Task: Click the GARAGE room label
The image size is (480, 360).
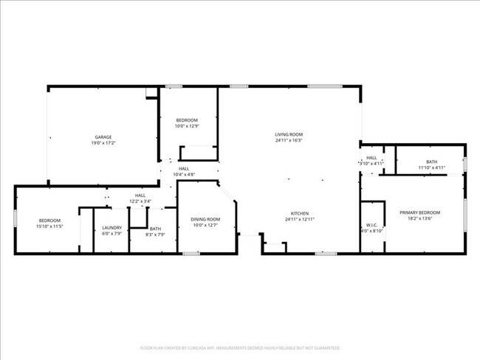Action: click(103, 137)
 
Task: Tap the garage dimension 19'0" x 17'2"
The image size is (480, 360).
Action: click(103, 142)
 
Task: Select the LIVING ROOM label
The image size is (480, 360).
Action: click(289, 134)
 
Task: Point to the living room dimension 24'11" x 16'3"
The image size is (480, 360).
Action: click(289, 140)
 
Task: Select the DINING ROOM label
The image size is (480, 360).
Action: click(205, 219)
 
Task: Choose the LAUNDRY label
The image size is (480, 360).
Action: click(112, 228)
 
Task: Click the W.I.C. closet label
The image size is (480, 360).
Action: click(371, 225)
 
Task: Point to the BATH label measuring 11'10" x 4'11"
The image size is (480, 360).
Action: click(431, 162)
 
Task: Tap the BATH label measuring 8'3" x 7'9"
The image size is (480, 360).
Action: click(155, 229)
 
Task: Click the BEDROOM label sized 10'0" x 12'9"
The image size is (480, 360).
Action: click(186, 120)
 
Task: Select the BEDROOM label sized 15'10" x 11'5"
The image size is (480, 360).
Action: click(49, 221)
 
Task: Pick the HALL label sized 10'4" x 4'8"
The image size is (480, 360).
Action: click(184, 168)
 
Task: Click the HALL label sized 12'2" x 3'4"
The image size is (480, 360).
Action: click(140, 195)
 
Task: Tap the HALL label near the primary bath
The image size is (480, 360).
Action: click(371, 157)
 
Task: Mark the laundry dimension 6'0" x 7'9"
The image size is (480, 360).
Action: click(112, 234)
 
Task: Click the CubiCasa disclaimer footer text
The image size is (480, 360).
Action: click(240, 347)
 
